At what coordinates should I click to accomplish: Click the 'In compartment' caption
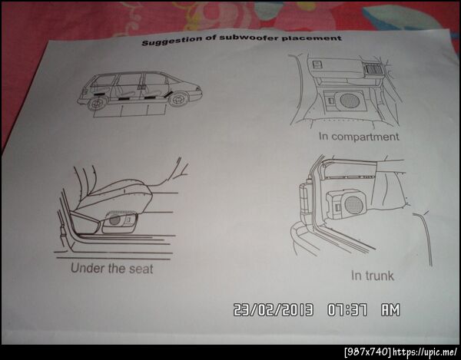click(x=359, y=137)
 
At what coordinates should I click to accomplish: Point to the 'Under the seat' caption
click(x=111, y=269)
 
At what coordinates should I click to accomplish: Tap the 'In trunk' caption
click(x=372, y=276)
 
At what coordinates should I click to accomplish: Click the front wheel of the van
click(x=178, y=99)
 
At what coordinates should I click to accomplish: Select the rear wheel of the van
click(x=97, y=103)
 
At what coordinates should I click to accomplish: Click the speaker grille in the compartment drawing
click(x=350, y=101)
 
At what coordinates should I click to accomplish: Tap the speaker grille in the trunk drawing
click(x=353, y=204)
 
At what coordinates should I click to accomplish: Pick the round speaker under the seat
click(x=114, y=220)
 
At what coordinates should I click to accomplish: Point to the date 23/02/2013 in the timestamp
click(x=273, y=310)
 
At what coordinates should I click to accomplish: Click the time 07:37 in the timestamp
click(x=347, y=310)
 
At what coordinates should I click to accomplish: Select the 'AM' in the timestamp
click(x=391, y=310)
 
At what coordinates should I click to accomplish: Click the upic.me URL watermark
click(x=425, y=352)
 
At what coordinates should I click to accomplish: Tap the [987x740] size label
click(x=368, y=352)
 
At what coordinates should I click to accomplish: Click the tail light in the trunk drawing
click(x=305, y=200)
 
